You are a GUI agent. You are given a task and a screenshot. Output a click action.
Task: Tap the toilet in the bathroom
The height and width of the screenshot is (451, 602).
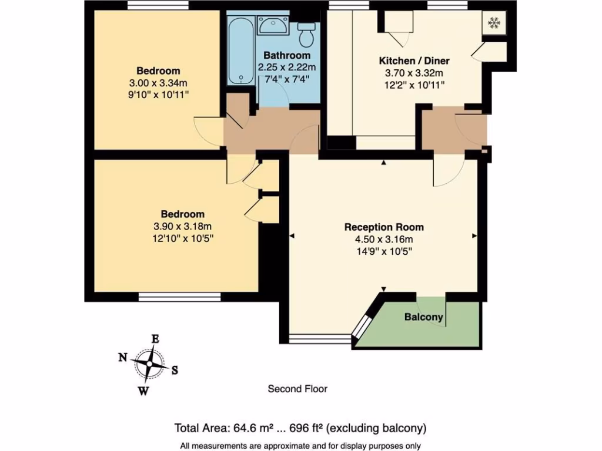click(x=306, y=36)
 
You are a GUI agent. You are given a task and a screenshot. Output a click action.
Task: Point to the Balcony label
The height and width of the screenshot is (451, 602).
click(x=424, y=317)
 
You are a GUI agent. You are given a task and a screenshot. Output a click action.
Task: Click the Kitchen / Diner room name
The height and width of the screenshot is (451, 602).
click(x=410, y=60)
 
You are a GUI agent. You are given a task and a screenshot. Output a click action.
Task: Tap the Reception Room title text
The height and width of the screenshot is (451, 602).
click(x=384, y=227)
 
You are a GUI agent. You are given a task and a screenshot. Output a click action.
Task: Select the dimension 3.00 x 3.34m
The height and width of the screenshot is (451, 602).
click(x=155, y=83)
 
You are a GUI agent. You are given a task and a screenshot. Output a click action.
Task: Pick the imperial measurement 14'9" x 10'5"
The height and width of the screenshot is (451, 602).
click(x=384, y=251)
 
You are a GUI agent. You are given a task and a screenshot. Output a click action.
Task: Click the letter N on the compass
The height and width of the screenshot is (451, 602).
click(x=123, y=357)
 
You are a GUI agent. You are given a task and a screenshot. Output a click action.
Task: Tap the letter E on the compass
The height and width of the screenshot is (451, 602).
click(x=156, y=339)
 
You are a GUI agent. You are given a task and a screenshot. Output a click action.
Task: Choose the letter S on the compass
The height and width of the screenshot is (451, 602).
click(x=175, y=370)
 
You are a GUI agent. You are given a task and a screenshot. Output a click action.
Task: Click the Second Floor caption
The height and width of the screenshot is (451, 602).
click(x=297, y=389)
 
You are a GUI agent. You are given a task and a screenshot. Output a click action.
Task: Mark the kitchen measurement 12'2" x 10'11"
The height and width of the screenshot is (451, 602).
click(x=410, y=85)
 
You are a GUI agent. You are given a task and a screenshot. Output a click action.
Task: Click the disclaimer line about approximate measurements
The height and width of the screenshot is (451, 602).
click(x=300, y=445)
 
